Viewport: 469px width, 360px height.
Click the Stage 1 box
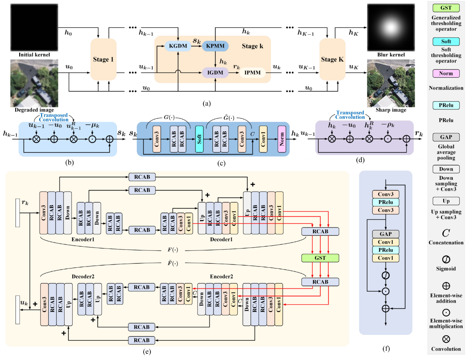pyautogui.click(x=103, y=59)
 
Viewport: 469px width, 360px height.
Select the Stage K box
pyautogui.click(x=332, y=59)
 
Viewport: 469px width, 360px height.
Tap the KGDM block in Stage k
pyautogui.click(x=178, y=46)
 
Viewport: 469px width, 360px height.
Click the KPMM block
pyautogui.click(x=215, y=46)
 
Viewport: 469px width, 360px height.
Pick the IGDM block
pyautogui.click(x=215, y=73)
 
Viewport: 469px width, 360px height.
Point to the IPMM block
pyautogui.click(x=252, y=73)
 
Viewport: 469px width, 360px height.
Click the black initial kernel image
pyautogui.click(x=34, y=28)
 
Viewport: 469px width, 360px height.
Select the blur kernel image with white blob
pyautogui.click(x=391, y=28)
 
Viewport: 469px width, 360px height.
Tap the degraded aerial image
pyautogui.click(x=34, y=83)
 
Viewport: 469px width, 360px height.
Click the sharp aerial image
pyautogui.click(x=391, y=83)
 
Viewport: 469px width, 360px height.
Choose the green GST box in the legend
pyautogui.click(x=446, y=8)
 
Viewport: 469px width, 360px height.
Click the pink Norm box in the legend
pyautogui.click(x=446, y=73)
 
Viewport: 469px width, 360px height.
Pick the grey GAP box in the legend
pyautogui.click(x=446, y=137)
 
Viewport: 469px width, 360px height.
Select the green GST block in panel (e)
pyautogui.click(x=320, y=258)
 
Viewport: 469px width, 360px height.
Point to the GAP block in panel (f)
pyautogui.click(x=386, y=234)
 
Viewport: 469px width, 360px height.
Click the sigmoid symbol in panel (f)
pyautogui.click(x=386, y=275)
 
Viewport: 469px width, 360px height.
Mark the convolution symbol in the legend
pyautogui.click(x=446, y=339)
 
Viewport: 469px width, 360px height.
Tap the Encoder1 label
pyautogui.click(x=83, y=240)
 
